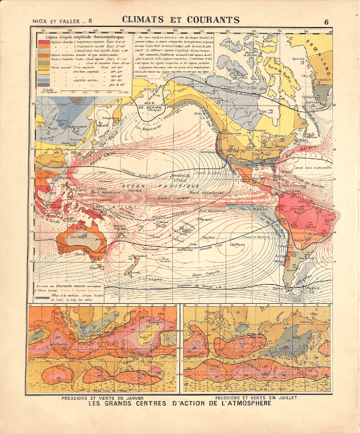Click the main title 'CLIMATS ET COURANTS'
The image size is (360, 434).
tap(181, 20)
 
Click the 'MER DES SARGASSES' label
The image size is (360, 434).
tap(316, 168)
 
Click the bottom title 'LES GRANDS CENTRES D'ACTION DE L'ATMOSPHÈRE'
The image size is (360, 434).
tap(181, 405)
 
